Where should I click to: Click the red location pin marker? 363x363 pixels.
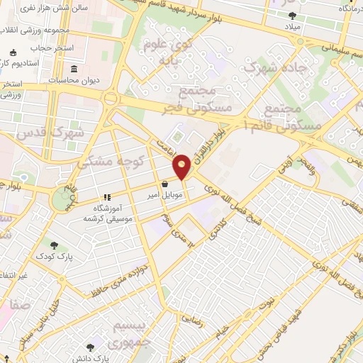[182, 167]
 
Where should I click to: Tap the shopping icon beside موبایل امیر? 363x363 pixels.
[165, 184]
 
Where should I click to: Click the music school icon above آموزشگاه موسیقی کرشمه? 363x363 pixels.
[107, 198]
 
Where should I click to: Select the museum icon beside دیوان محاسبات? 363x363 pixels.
[75, 69]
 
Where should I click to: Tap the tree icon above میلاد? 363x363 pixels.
[293, 15]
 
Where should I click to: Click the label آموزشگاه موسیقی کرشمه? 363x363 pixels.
[107, 213]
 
